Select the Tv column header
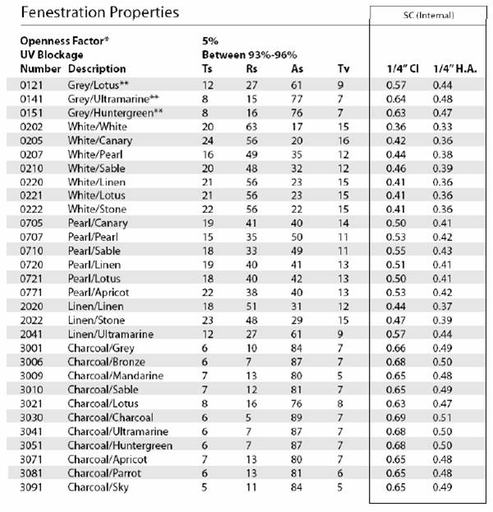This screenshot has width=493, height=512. [343, 68]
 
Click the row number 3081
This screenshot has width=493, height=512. [31, 473]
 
